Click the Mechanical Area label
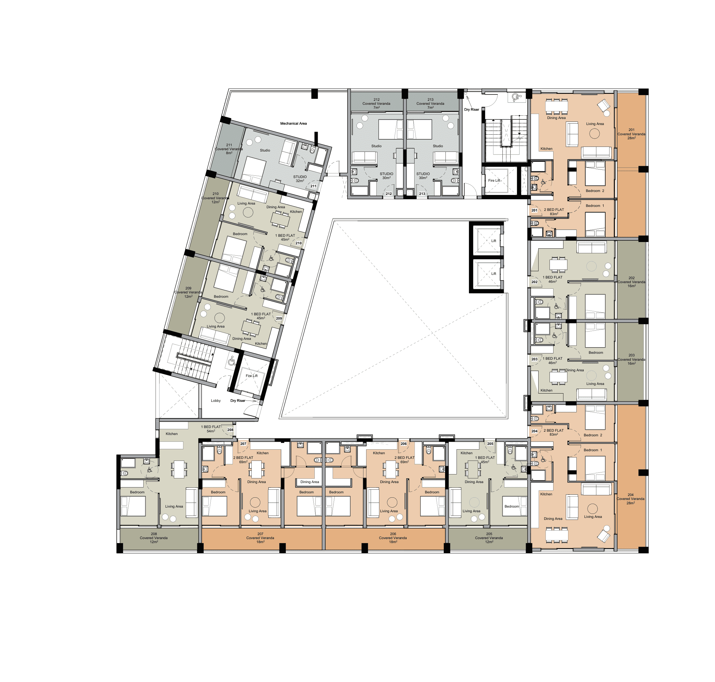pyautogui.click(x=293, y=124)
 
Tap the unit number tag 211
pyautogui.click(x=313, y=186)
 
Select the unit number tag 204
pyautogui.click(x=534, y=431)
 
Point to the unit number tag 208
pyautogui.click(x=230, y=430)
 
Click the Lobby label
pyautogui.click(x=216, y=401)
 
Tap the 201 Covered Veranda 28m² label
pyautogui.click(x=631, y=134)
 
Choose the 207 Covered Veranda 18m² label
pyautogui.click(x=260, y=538)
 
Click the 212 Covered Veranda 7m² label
pyautogui.click(x=376, y=103)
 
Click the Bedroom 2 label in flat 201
pyautogui.click(x=595, y=191)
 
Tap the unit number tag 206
pyautogui.click(x=403, y=444)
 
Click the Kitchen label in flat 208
pyautogui.click(x=172, y=434)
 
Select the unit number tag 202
pyautogui.click(x=534, y=282)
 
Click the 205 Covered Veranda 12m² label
pyautogui.click(x=489, y=538)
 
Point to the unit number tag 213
pyautogui.click(x=422, y=194)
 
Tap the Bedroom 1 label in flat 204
pyautogui.click(x=593, y=450)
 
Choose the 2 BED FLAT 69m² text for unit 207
pyautogui.click(x=243, y=460)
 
